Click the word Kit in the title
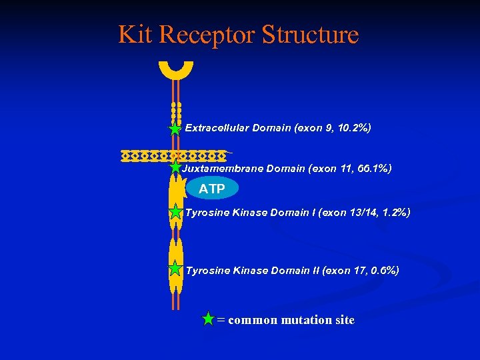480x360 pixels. click(135, 34)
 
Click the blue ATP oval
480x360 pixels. click(212, 189)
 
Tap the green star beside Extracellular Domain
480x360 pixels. click(175, 129)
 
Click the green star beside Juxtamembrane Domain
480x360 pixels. click(175, 168)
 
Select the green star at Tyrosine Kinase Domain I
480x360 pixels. click(175, 213)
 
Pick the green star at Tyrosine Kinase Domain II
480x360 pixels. click(175, 269)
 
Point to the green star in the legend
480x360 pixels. click(209, 319)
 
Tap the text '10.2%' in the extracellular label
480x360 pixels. click(351, 128)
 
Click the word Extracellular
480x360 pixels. click(217, 128)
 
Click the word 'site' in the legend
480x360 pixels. click(345, 320)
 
